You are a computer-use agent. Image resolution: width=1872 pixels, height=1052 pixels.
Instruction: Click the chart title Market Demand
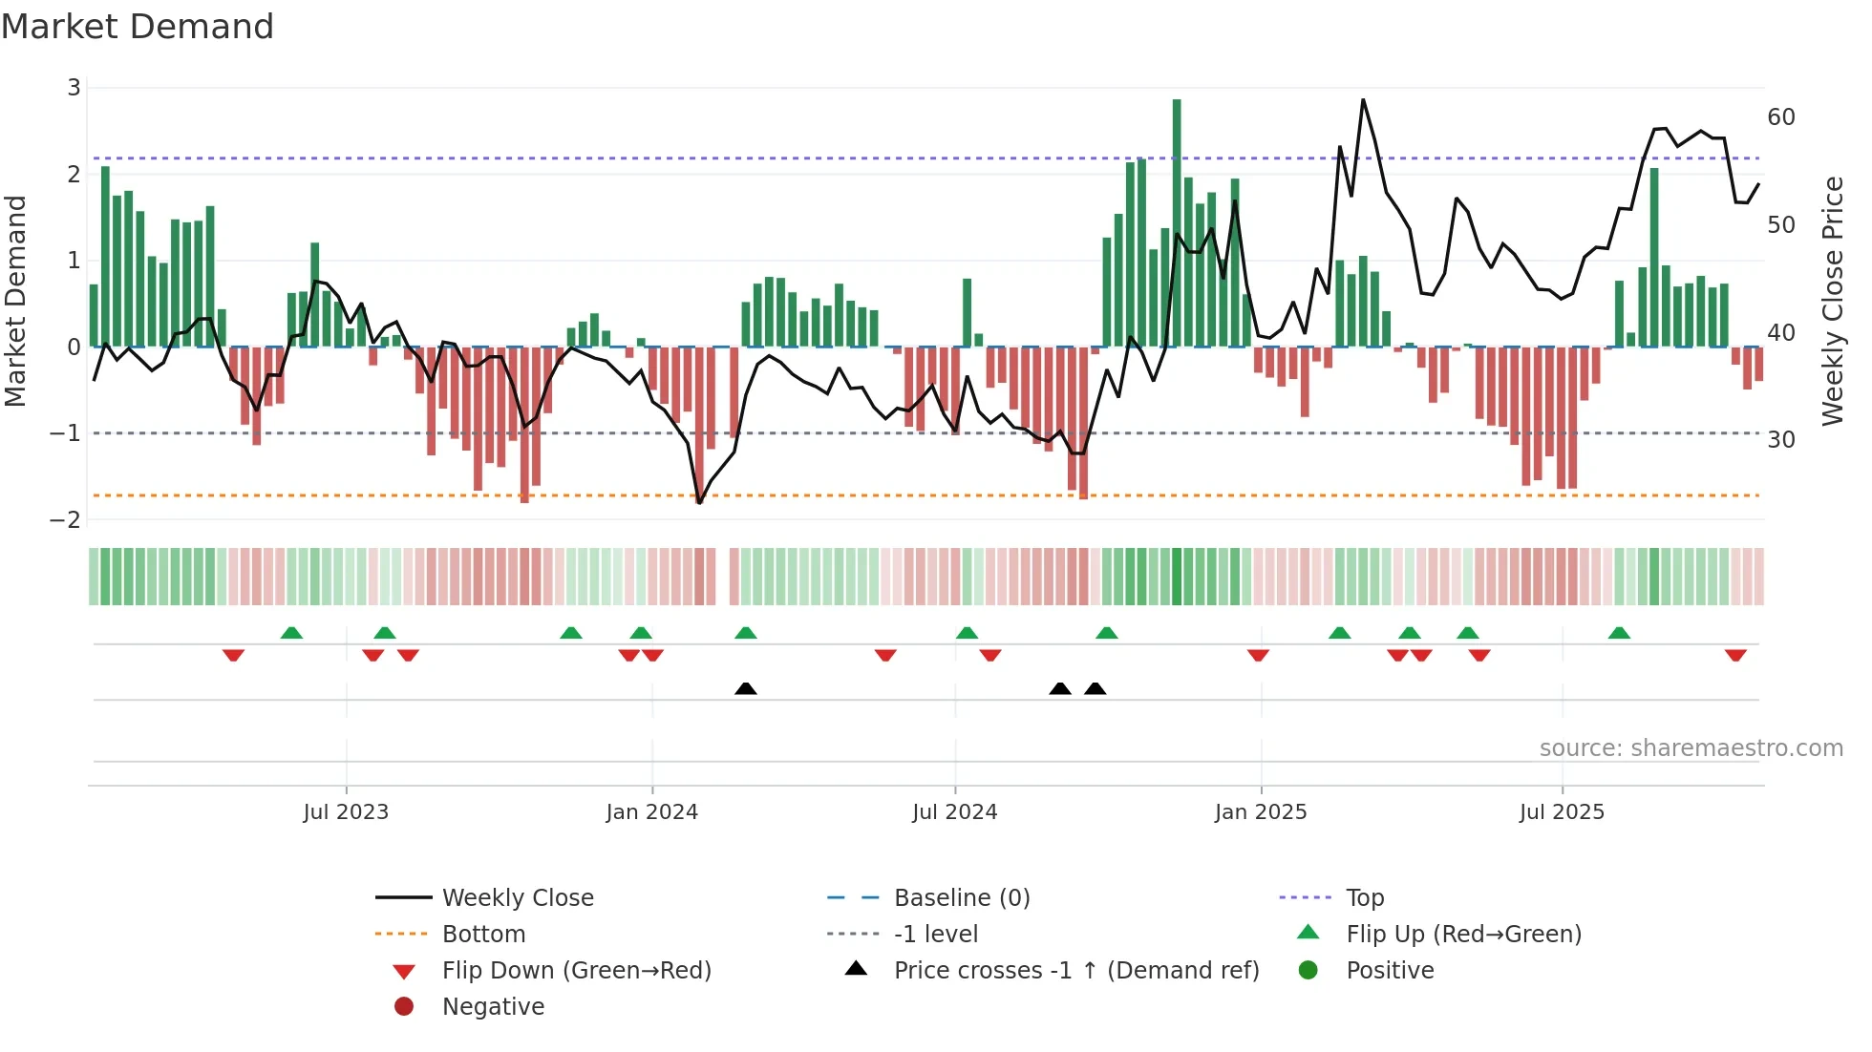[x=138, y=27]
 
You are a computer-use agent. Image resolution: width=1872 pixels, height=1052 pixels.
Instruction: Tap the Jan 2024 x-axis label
[x=651, y=812]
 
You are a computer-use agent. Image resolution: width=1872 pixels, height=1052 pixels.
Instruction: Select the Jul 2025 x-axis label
[x=1562, y=812]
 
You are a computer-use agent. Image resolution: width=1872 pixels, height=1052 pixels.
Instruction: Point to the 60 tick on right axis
[x=1780, y=117]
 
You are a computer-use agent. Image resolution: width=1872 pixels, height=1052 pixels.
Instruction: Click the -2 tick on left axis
[x=66, y=520]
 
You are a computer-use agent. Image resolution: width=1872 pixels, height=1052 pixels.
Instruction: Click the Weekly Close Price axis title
[x=1832, y=301]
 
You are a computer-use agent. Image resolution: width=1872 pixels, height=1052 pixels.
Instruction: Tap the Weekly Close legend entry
[x=518, y=898]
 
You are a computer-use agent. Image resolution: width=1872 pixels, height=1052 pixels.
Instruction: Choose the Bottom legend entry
[x=483, y=935]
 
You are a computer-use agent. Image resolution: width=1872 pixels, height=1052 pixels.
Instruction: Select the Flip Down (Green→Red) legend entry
[x=576, y=971]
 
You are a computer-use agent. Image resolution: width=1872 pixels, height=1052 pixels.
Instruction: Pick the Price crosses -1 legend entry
[x=1076, y=971]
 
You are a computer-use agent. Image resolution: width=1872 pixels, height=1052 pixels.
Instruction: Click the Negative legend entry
[x=493, y=1007]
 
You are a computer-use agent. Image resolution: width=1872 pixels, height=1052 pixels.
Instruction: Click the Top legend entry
[x=1365, y=898]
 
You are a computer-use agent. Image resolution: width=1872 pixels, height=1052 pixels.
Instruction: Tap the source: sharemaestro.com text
[x=1691, y=748]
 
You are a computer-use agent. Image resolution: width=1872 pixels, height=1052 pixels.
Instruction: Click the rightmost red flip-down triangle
[x=1735, y=655]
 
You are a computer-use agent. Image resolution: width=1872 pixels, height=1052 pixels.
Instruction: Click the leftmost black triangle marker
[x=746, y=688]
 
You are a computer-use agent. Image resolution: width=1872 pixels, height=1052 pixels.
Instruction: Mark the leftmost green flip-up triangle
[x=291, y=633]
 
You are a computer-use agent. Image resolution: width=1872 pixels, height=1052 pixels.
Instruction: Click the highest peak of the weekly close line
[x=1363, y=100]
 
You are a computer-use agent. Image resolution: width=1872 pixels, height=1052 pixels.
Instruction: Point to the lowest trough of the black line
[x=699, y=502]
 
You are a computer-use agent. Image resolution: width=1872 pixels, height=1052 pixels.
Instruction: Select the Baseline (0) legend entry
[x=962, y=898]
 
